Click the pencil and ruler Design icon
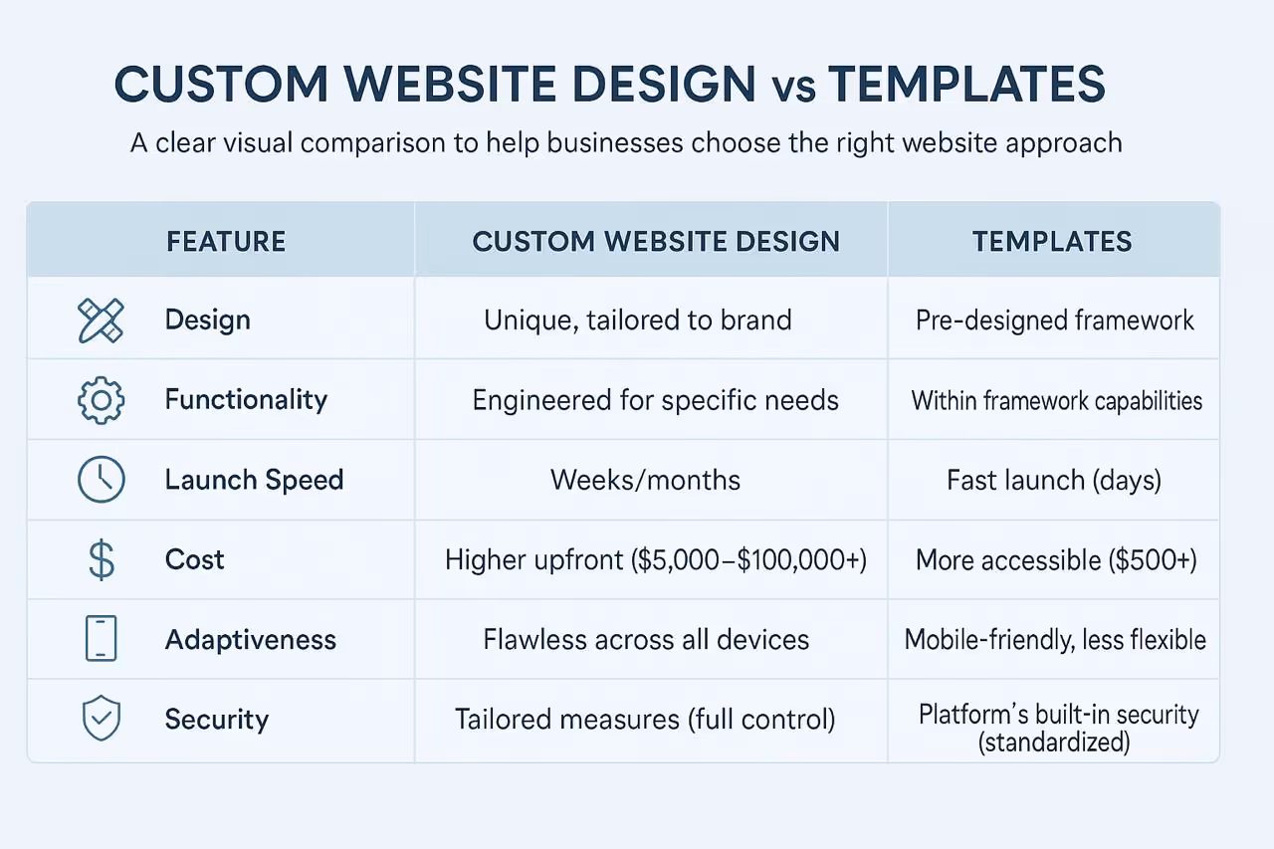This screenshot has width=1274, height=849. point(101,320)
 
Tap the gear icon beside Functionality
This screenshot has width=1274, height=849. point(101,400)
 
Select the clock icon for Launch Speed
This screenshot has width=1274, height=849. point(101,480)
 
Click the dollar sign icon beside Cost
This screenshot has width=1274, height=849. point(101,559)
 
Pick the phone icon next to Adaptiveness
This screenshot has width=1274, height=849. point(101,639)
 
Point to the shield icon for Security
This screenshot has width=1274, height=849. point(101,719)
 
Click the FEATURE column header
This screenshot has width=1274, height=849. point(226,241)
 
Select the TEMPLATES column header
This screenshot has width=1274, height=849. point(1052,241)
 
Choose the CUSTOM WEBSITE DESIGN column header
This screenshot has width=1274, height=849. point(656,241)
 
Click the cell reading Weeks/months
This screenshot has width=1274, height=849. point(645,480)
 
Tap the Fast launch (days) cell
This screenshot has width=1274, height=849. point(1054,480)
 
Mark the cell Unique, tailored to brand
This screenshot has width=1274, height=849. point(638,320)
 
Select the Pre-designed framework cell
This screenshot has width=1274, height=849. point(1055,320)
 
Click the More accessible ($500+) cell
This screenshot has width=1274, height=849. point(1055,559)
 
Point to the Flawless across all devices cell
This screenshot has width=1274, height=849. point(646,639)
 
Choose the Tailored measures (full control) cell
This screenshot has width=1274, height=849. point(645,719)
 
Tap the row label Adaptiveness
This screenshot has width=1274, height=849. point(251,639)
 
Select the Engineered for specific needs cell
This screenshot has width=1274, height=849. point(655,400)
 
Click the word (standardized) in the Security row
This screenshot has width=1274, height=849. point(1054,743)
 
